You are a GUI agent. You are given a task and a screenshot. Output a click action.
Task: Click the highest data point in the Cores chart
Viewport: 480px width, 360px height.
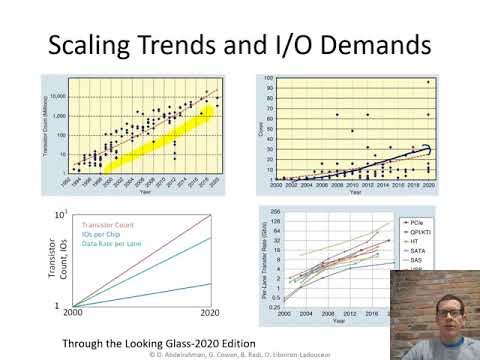point(428,82)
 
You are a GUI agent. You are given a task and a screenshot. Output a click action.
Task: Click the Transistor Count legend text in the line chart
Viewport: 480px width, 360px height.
point(116,223)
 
